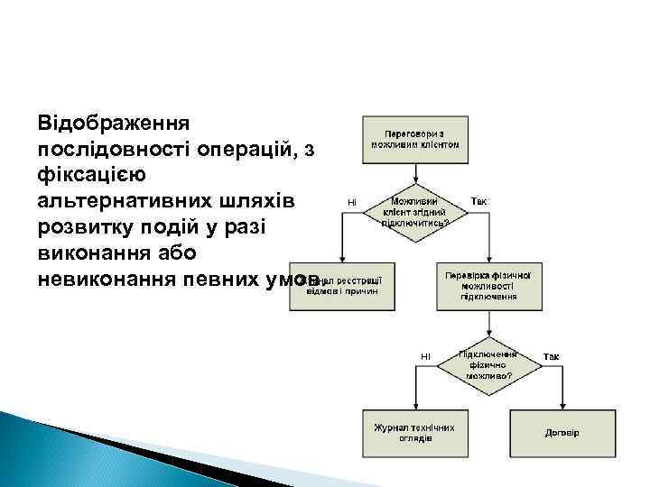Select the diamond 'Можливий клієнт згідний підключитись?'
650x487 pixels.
click(x=415, y=212)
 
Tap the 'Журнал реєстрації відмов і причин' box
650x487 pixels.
click(x=343, y=286)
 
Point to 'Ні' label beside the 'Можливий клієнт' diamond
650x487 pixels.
click(x=351, y=201)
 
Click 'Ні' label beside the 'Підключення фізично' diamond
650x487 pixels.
click(x=424, y=357)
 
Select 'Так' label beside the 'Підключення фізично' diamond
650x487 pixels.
click(x=551, y=357)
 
